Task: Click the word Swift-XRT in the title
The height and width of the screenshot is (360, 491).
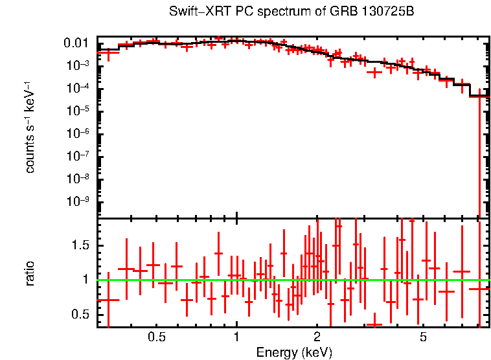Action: click(192, 12)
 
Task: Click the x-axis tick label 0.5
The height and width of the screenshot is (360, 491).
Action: click(157, 337)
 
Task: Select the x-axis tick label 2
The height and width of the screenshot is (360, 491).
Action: click(317, 337)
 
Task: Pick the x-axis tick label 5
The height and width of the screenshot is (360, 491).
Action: click(423, 337)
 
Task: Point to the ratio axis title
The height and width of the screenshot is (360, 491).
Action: click(30, 273)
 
